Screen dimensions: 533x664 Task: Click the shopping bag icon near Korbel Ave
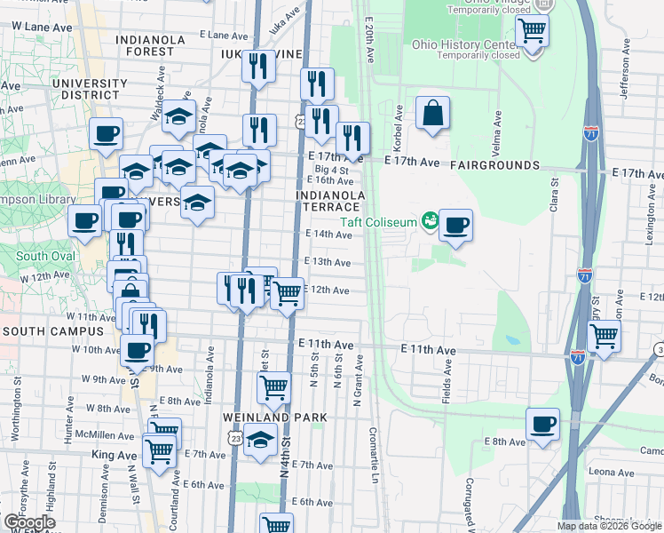tap(431, 114)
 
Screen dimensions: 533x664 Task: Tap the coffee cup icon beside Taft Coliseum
tap(455, 225)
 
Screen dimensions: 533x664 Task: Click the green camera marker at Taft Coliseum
tap(431, 219)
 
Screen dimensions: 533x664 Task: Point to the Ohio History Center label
tap(463, 44)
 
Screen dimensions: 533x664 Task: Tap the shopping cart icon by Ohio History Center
tap(532, 30)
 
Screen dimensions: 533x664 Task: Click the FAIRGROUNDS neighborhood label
tap(494, 165)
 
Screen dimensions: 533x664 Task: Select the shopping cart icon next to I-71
tap(604, 337)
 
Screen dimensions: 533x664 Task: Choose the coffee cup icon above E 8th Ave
tap(542, 424)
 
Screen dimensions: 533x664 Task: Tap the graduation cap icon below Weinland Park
tap(260, 440)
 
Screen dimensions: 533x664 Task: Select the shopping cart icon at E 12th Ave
tap(287, 292)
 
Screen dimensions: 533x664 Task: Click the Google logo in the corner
tap(29, 522)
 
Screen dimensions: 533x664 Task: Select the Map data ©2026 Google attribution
tap(608, 526)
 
